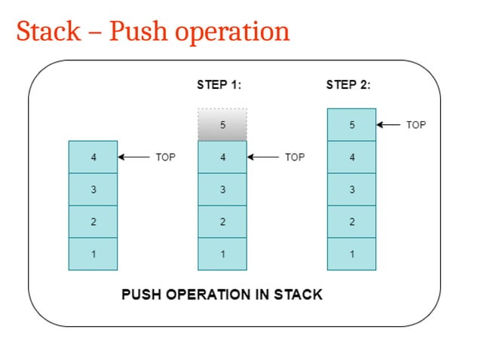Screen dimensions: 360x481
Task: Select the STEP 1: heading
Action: point(219,85)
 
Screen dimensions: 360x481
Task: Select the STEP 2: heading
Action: point(348,85)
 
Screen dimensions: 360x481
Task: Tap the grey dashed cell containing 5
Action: point(222,125)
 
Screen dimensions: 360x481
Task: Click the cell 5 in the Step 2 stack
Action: point(351,125)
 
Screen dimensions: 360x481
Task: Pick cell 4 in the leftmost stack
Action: point(93,157)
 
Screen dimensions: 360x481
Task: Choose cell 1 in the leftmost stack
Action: point(93,254)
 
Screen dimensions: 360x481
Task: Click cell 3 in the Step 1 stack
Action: point(222,190)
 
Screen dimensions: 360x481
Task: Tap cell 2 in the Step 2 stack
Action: point(351,221)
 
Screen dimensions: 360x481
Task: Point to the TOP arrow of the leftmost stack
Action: point(133,157)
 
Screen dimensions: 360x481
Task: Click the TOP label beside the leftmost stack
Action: point(165,157)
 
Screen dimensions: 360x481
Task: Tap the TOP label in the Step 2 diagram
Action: point(416,125)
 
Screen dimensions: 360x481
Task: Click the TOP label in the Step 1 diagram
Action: point(295,157)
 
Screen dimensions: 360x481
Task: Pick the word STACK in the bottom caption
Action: point(299,294)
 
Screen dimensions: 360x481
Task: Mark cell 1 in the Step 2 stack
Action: point(351,254)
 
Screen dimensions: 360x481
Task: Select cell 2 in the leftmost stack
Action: point(93,221)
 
